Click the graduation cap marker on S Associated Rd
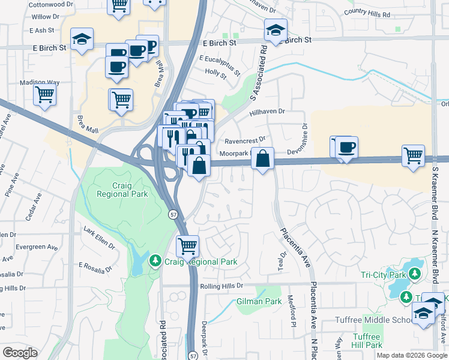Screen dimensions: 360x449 [276, 31]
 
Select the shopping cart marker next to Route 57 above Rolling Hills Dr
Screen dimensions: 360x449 [187, 245]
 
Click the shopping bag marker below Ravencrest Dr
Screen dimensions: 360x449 [262, 160]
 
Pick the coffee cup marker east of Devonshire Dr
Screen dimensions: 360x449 [347, 147]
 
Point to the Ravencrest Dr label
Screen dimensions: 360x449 [245, 142]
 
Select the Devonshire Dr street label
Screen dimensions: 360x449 [305, 136]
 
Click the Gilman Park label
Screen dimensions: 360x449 [259, 301]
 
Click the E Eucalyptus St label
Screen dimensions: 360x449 [220, 65]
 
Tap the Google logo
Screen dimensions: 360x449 [20, 353]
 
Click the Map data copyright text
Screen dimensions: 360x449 [412, 355]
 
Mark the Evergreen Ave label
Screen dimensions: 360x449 [37, 247]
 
